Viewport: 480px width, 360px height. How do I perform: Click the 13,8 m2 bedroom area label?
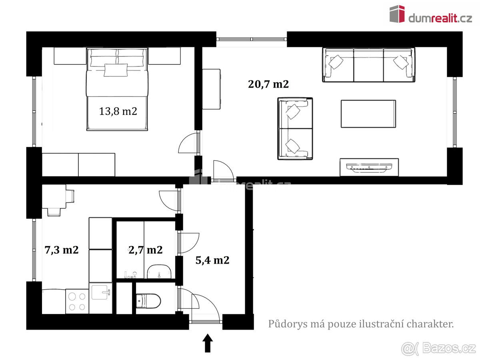(118, 111)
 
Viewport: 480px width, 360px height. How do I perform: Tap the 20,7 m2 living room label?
(268, 84)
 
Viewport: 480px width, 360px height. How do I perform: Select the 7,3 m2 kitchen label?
(61, 250)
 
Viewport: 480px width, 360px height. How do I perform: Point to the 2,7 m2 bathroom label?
(145, 250)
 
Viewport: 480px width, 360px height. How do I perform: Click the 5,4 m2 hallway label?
(212, 260)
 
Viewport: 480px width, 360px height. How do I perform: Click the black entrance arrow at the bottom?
(207, 343)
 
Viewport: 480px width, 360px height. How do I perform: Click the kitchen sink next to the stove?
(101, 292)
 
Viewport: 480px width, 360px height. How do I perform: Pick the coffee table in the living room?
(368, 114)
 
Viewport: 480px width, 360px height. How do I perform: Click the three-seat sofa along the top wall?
(368, 65)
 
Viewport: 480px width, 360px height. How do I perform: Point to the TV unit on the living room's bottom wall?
(369, 167)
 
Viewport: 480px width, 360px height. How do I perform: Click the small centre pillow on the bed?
(116, 70)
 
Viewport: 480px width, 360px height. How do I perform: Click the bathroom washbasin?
(160, 272)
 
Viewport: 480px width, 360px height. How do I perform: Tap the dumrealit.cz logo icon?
(397, 14)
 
